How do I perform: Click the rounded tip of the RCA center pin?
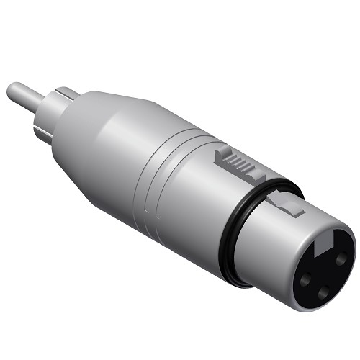[x=12, y=91]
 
